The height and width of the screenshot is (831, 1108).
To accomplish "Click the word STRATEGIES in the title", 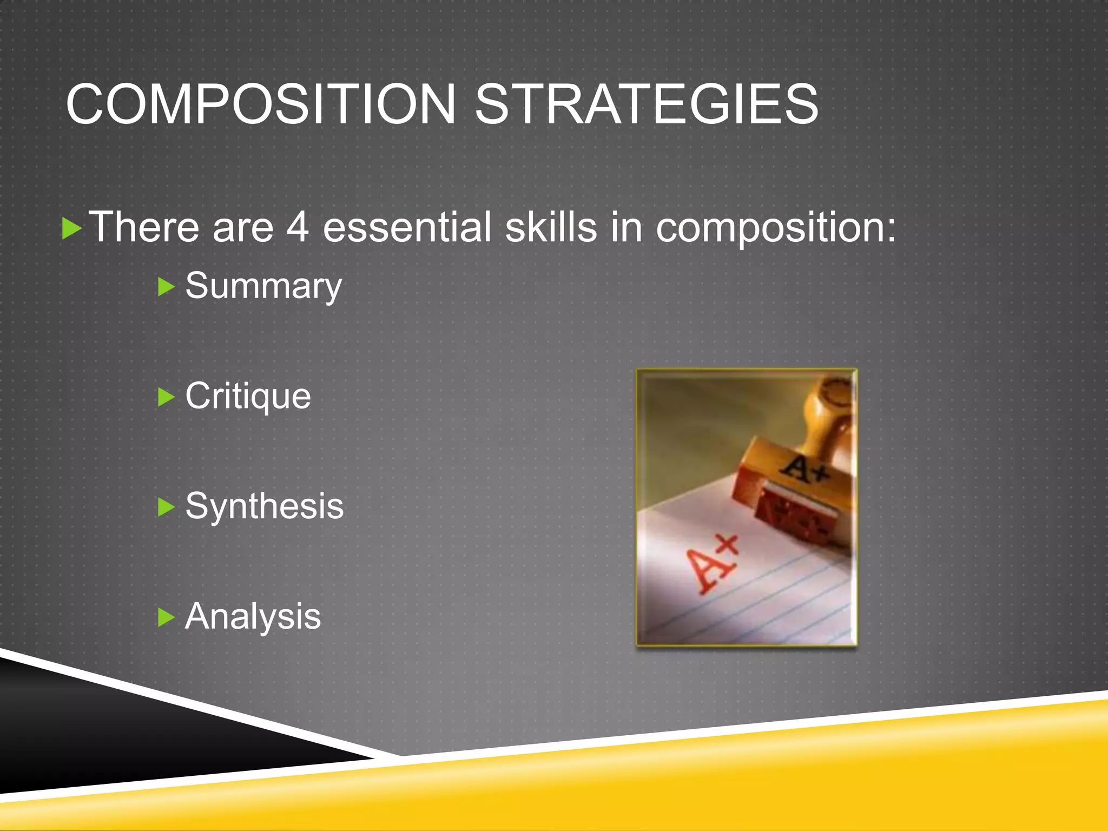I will point(647,104).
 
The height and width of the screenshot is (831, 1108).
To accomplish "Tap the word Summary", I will point(263,286).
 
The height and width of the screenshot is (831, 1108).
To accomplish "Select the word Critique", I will point(248,397).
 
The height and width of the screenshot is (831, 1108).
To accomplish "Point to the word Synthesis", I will point(264,507).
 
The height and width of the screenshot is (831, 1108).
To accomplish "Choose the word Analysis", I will point(253,617).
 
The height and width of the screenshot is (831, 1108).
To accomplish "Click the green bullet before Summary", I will point(166,287).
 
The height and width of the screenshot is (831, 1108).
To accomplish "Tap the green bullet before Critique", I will point(166,397).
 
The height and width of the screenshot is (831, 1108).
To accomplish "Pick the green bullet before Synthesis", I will point(166,507).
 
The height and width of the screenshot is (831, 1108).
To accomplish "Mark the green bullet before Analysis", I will point(166,617).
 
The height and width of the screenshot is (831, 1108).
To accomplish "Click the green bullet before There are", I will point(71,228).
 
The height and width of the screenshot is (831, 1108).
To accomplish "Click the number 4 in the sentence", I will point(297,227).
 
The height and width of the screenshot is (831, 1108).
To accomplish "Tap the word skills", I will point(551,227).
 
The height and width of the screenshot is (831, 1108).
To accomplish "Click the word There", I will point(143,227).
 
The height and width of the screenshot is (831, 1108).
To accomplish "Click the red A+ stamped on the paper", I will point(711,563).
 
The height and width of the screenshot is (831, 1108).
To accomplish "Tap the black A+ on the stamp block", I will point(806,467).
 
